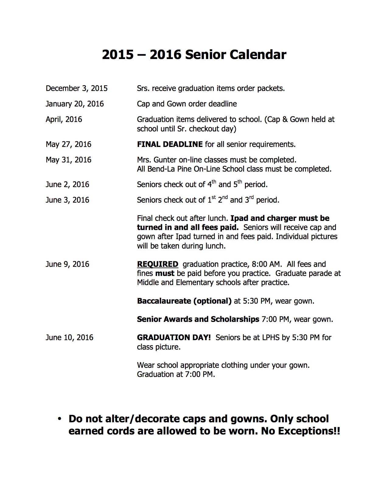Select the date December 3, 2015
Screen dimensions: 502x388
coord(76,89)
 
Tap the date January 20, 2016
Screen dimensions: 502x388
coord(75,104)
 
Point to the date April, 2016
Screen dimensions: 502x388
coord(64,120)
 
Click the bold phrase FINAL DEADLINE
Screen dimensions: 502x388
coord(170,144)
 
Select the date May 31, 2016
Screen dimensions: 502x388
coord(68,160)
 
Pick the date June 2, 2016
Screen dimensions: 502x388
coord(67,184)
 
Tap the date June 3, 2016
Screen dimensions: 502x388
coord(67,200)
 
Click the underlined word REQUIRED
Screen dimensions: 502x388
coord(157,264)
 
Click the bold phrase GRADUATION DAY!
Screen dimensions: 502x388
coord(173,337)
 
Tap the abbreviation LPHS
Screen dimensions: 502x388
coord(271,337)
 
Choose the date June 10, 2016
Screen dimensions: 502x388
coord(69,337)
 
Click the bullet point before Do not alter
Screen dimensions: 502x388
coord(60,419)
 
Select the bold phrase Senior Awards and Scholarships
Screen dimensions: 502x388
coord(198,319)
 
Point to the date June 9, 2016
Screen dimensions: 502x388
coord(67,264)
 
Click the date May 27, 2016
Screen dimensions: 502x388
coord(68,144)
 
